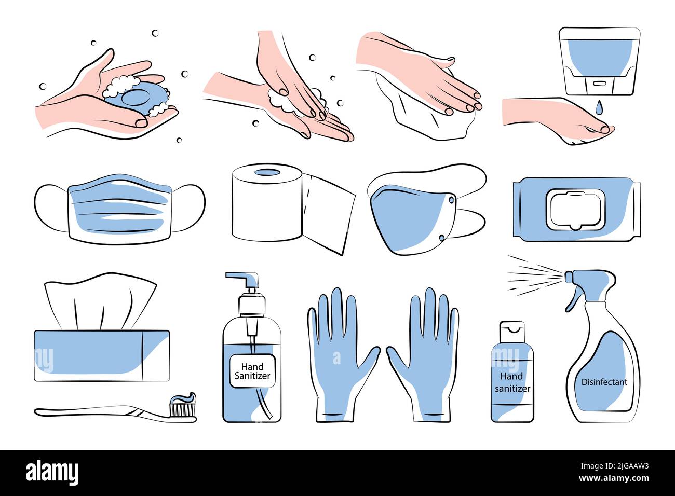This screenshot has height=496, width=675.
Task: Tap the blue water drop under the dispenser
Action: point(599,108)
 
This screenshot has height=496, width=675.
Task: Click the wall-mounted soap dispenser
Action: point(599,62)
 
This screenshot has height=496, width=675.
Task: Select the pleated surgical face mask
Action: point(119,209)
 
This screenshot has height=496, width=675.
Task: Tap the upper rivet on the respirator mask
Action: point(451,200)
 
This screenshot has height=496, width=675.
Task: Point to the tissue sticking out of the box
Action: point(100,300)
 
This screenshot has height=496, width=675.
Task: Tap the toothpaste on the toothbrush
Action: point(183,397)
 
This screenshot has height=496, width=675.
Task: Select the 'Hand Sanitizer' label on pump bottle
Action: point(252,371)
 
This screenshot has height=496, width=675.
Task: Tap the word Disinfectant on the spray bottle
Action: point(604,382)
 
